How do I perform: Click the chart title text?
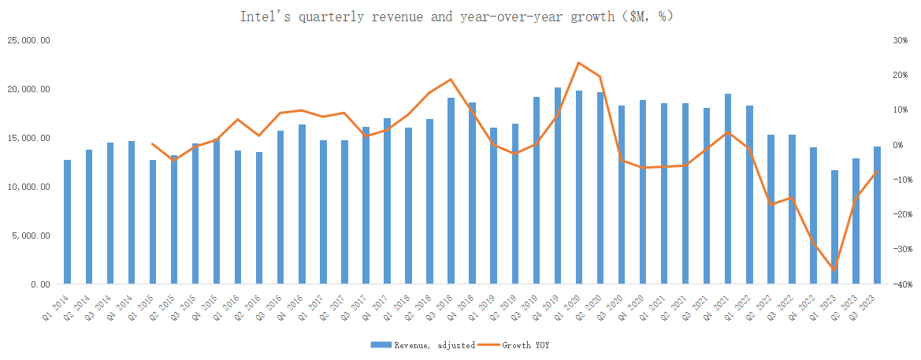click(x=456, y=16)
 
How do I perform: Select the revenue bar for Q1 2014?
click(x=68, y=222)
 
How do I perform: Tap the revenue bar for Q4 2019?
click(x=558, y=186)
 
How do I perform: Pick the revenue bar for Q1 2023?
click(x=835, y=227)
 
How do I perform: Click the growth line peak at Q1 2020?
click(x=579, y=62)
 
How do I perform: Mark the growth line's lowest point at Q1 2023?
click(x=835, y=270)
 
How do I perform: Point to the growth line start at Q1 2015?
click(x=153, y=144)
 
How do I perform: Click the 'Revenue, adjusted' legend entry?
click(x=422, y=345)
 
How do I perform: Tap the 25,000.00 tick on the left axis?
click(x=28, y=40)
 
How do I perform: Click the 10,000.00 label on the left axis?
click(x=28, y=187)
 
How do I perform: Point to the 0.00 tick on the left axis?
click(x=39, y=284)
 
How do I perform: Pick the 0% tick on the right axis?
click(x=897, y=145)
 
